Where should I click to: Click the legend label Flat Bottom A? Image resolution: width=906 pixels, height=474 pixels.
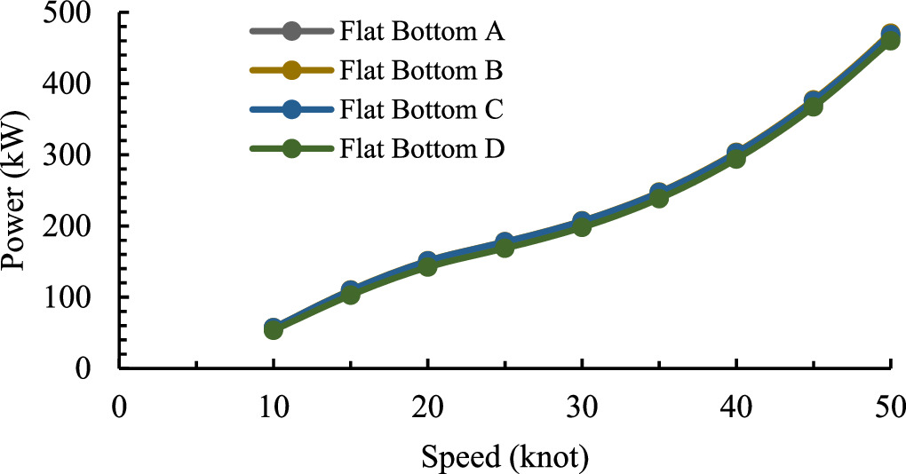[422, 35]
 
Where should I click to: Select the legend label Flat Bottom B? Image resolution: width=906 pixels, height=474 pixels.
[422, 71]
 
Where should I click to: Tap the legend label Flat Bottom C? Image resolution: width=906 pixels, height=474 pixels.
[422, 110]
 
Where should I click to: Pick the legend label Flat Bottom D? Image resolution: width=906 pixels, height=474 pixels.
[422, 148]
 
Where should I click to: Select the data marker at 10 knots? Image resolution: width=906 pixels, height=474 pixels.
[274, 329]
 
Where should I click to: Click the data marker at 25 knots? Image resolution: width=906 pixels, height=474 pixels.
[505, 246]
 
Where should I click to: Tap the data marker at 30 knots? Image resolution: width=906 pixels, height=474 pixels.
[582, 225]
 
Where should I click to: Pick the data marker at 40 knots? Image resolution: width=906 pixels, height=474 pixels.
[736, 157]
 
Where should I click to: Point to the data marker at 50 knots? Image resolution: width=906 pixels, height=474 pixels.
[890, 38]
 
